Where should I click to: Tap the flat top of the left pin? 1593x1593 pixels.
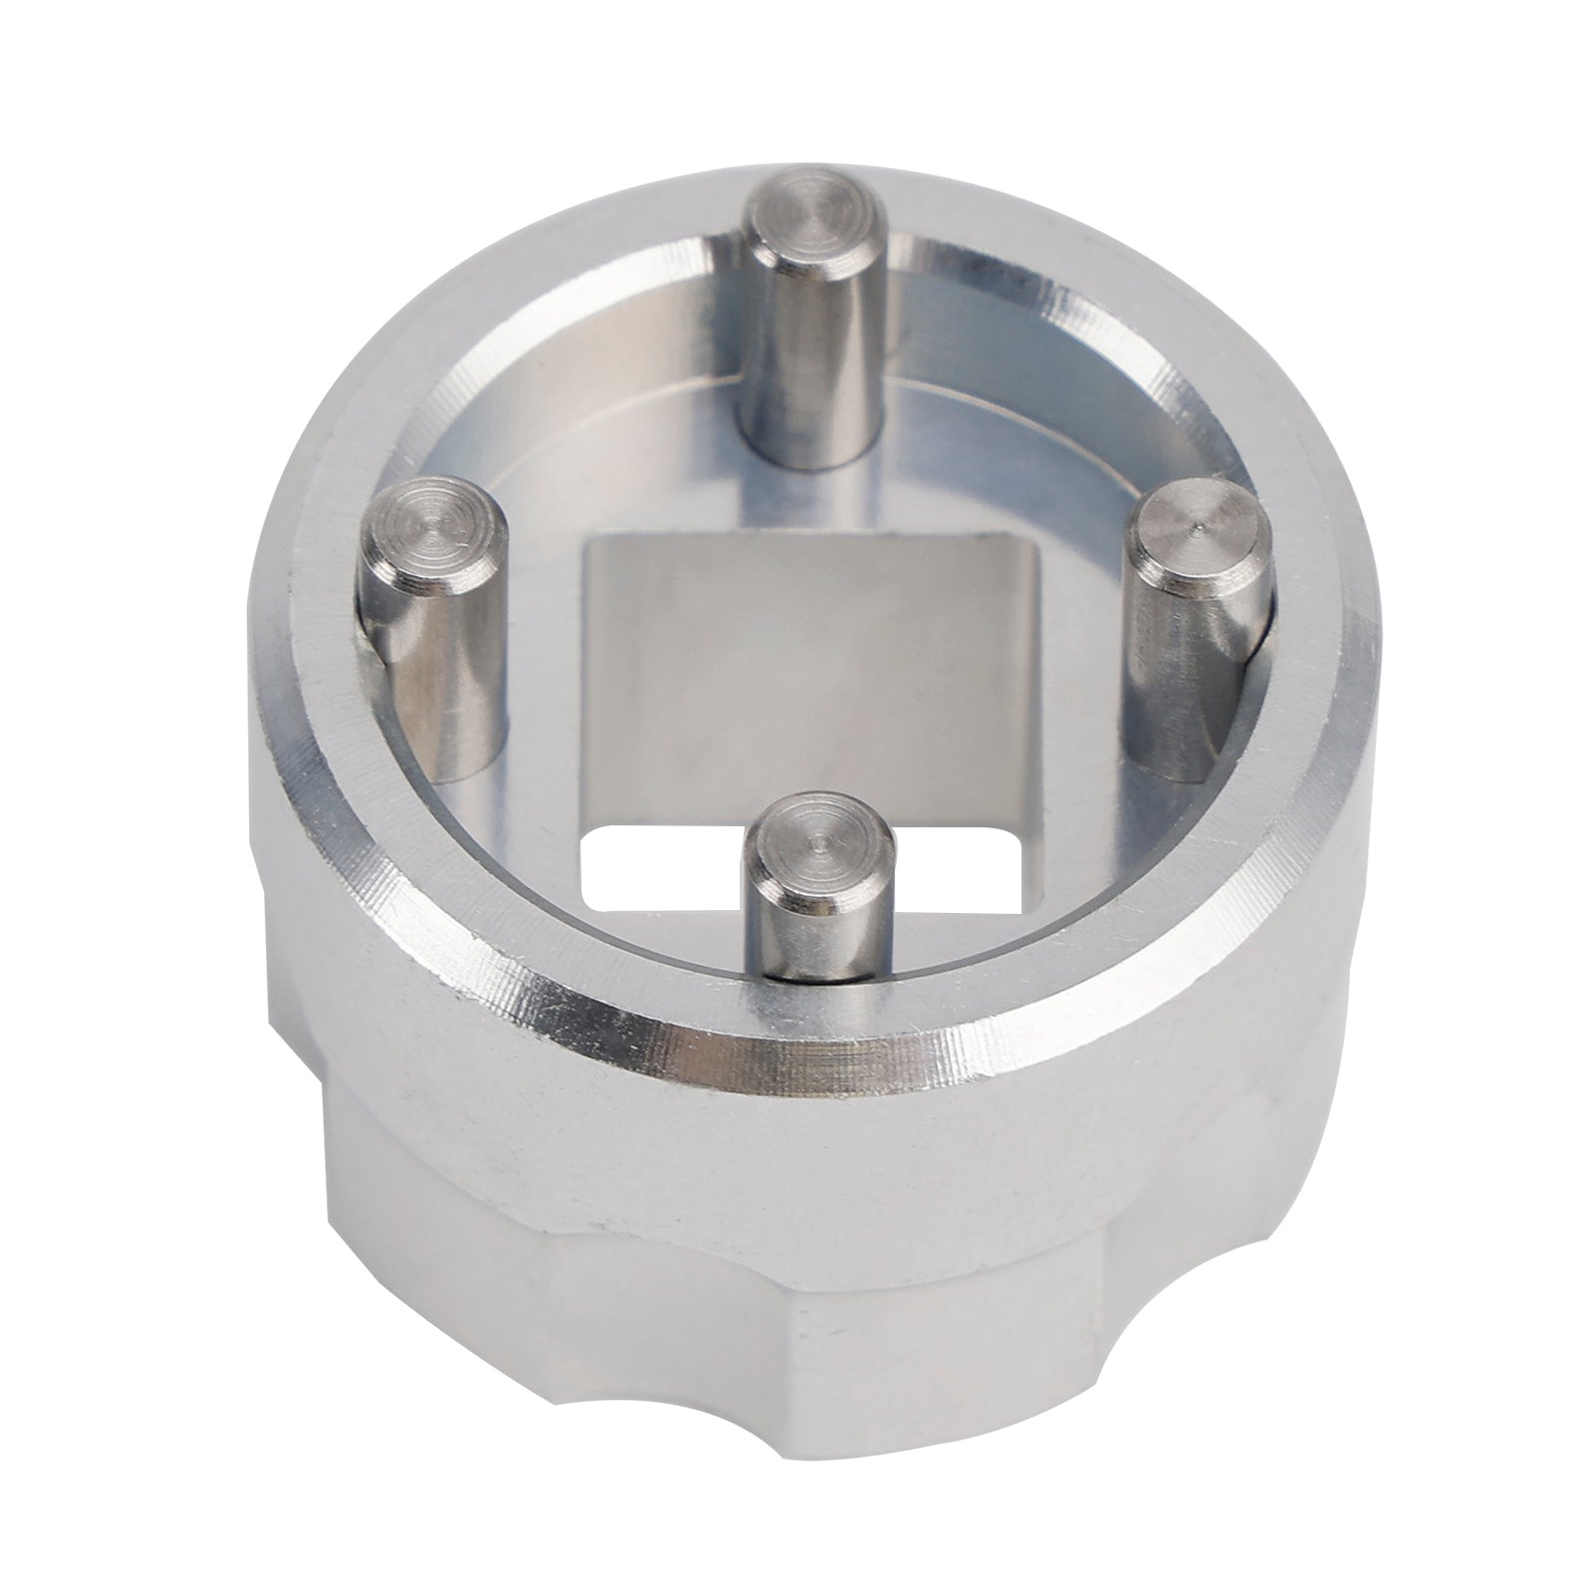428,522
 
